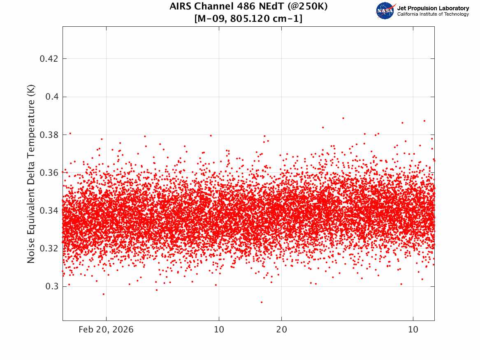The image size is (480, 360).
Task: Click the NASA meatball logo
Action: (x=385, y=11)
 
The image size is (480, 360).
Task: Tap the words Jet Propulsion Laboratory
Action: (x=433, y=8)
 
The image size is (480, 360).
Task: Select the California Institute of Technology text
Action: (x=433, y=14)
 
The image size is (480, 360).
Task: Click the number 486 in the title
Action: (x=246, y=6)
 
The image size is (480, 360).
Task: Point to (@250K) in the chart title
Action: (x=308, y=6)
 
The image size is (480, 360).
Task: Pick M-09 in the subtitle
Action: (x=211, y=19)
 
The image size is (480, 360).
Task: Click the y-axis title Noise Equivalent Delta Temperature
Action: (x=31, y=174)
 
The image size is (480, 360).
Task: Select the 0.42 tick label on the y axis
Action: (x=49, y=58)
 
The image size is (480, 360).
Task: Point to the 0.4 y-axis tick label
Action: (x=52, y=97)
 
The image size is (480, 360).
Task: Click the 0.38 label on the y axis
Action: (x=49, y=135)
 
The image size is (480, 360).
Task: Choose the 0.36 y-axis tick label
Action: (x=49, y=173)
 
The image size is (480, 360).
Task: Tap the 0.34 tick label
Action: (x=49, y=211)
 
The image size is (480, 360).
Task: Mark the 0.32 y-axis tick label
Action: (x=49, y=248)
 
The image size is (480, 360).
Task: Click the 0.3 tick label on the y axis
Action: (x=52, y=286)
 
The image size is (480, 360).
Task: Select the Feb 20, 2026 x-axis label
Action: (x=106, y=330)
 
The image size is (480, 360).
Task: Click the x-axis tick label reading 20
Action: (x=282, y=330)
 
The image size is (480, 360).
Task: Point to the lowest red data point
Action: (x=262, y=302)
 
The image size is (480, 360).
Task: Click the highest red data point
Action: (x=343, y=118)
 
